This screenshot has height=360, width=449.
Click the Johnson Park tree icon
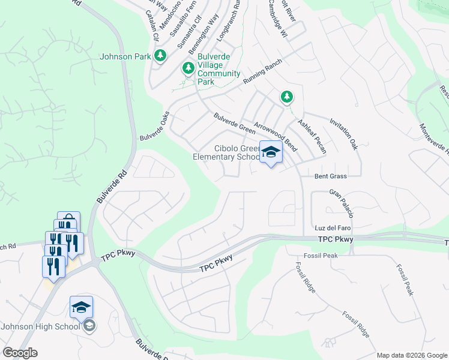[x=160, y=56]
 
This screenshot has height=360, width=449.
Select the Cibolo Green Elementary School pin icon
[x=271, y=152]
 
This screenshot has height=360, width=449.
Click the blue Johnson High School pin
[x=81, y=308]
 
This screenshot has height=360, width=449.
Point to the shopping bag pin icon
[x=68, y=221]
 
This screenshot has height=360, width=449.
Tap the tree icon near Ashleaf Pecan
[x=287, y=96]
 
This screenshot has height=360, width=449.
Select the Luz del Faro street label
[x=332, y=229]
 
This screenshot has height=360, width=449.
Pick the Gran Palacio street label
[x=341, y=203]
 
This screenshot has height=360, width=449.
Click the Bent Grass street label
[x=331, y=176]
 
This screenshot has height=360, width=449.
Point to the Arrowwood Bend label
[x=276, y=136]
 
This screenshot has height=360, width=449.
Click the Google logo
[x=20, y=353]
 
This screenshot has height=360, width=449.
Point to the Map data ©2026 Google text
[x=411, y=355]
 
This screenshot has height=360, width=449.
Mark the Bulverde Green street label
[x=234, y=122]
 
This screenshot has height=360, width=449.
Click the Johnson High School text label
[x=40, y=326]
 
